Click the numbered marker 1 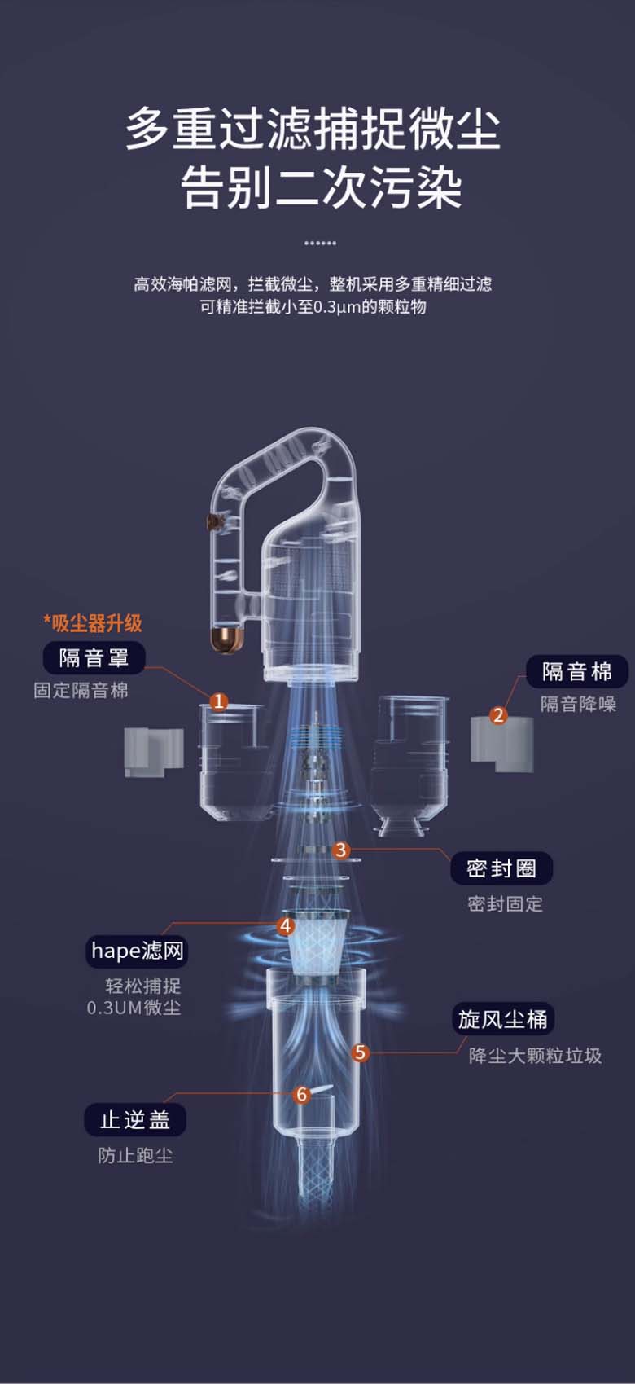pos(219,702)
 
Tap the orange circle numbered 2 pos(498,715)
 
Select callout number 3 pos(340,850)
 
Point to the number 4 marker pos(286,925)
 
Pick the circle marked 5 pos(361,1052)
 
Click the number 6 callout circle pos(301,1095)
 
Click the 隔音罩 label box pos(94,657)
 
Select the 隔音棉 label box pos(577,671)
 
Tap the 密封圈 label pos(501,868)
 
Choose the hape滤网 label pos(137,951)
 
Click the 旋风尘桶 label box pos(503,1019)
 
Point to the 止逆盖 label pos(135,1119)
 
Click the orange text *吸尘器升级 pos(93,623)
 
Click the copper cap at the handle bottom pos(226,640)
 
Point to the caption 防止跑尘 pos(135,1155)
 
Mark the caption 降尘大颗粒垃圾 pos(535,1056)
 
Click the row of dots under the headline pos(320,243)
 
